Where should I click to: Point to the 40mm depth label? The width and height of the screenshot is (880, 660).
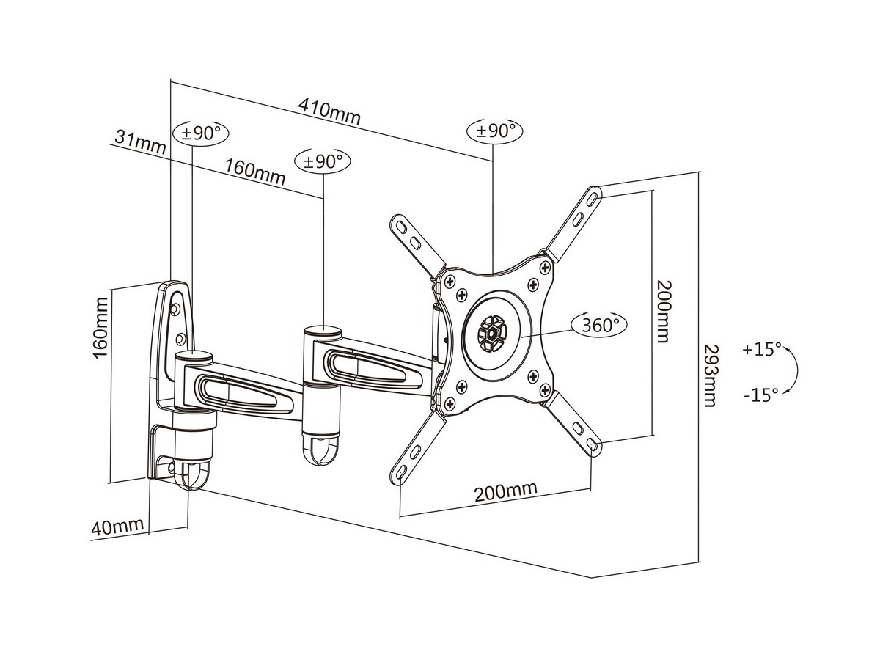point(117,526)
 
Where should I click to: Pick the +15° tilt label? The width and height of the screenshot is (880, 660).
point(762,349)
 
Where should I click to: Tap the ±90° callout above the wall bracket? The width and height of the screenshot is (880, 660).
point(201,133)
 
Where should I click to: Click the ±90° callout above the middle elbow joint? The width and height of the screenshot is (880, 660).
point(323,161)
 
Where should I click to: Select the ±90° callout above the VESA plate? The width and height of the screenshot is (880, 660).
point(496,131)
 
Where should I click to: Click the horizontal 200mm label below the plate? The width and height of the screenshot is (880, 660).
point(505,491)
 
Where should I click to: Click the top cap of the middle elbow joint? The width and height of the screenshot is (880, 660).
point(323,331)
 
